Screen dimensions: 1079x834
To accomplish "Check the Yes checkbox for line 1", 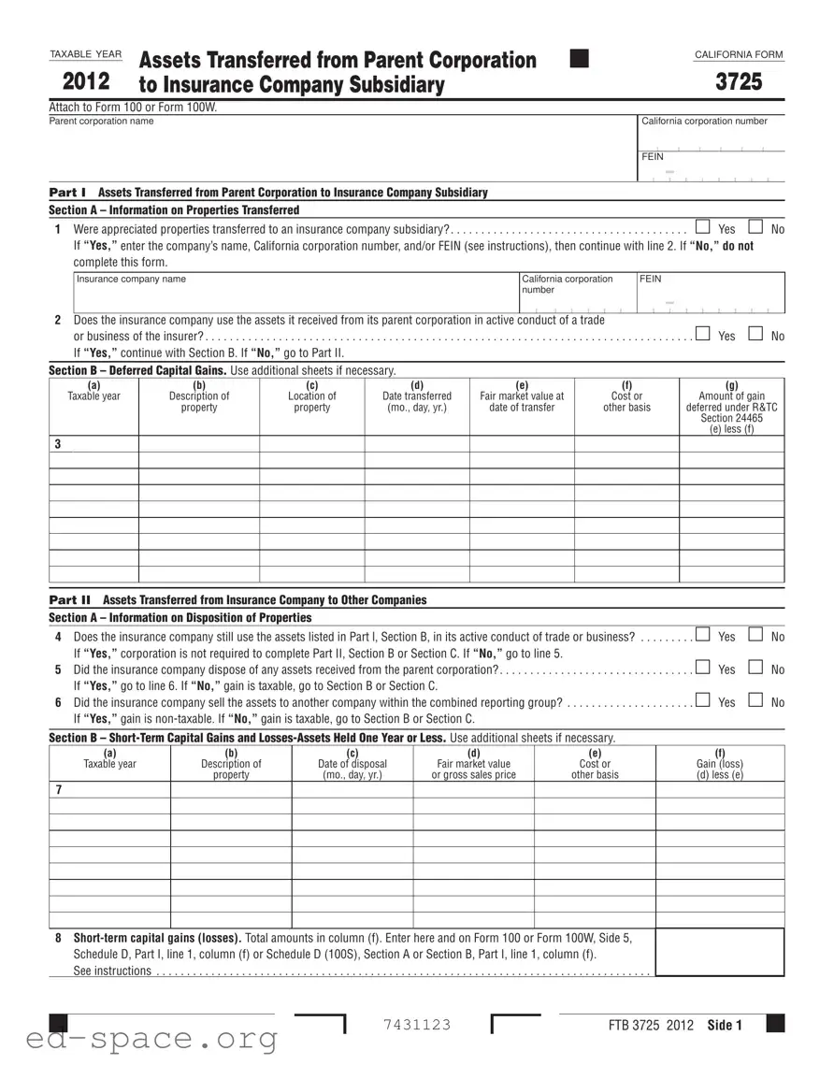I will click(702, 228).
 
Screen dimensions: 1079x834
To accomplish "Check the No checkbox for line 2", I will click(755, 335).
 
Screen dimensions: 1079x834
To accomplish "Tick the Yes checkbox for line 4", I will click(702, 637).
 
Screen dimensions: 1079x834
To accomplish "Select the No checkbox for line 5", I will click(755, 669).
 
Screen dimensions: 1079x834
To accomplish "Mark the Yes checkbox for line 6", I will click(702, 701).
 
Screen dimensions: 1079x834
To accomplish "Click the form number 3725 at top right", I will click(739, 82).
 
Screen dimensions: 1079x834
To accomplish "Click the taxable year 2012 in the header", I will click(86, 81).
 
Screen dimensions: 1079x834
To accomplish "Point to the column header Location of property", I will click(311, 402).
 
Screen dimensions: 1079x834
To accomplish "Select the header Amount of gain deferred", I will click(731, 408).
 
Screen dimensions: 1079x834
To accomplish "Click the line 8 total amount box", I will click(719, 952).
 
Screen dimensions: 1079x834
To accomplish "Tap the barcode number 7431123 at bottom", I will click(417, 1025).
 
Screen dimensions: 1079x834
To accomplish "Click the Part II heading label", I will click(70, 599).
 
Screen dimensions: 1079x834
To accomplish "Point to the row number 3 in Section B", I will click(58, 443).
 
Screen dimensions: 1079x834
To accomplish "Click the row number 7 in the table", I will click(58, 790).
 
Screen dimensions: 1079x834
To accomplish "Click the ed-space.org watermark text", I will click(139, 1038).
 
